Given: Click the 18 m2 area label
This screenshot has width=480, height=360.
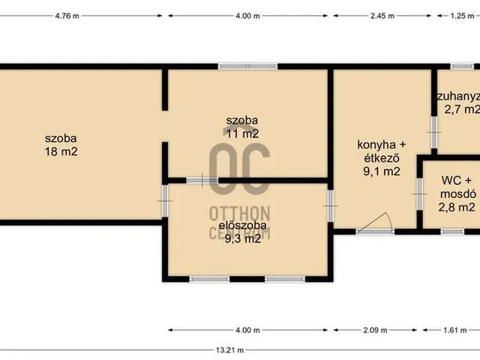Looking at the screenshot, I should tap(61, 151).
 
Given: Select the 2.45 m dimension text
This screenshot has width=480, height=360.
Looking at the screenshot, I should tap(382, 14).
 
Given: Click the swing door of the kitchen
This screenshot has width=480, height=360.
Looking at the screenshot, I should tap(379, 223).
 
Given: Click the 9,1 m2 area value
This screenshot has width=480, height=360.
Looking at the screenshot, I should tap(381, 171).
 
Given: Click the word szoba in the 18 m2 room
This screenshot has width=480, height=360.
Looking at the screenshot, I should tap(61, 138).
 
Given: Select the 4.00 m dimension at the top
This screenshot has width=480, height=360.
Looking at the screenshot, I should tap(247, 14).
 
